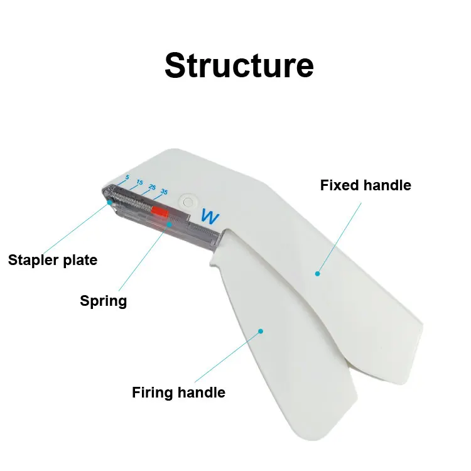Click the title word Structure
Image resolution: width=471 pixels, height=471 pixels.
point(239,65)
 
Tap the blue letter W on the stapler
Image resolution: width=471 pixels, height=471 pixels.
point(209,217)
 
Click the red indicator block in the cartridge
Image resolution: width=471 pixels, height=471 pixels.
point(160,212)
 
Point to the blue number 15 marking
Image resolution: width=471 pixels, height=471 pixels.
point(139,183)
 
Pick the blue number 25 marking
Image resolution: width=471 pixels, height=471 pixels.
point(152,187)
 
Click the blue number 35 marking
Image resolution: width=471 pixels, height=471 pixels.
point(165,191)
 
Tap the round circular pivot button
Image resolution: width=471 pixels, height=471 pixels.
point(187,202)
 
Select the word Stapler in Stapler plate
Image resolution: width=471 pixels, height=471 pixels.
point(32,259)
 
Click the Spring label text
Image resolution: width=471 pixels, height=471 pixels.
point(103,301)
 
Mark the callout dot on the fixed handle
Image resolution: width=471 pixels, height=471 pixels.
point(318,273)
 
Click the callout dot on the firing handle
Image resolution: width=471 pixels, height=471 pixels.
point(261,330)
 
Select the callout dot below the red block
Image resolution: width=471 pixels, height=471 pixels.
point(168,224)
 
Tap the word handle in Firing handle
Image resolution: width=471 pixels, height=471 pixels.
point(201,392)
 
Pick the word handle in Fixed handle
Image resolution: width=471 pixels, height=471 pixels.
point(387,185)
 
